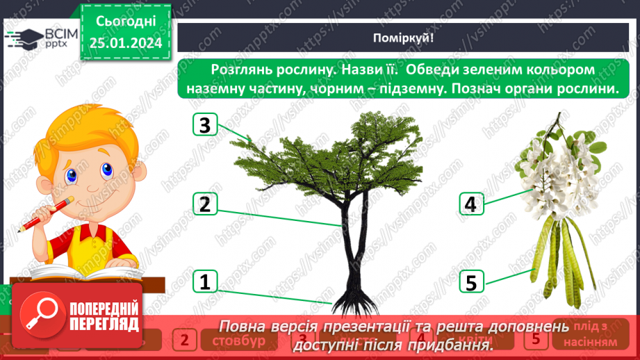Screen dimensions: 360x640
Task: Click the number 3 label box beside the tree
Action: pyautogui.click(x=204, y=126)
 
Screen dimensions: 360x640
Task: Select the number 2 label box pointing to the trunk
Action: pyautogui.click(x=204, y=204)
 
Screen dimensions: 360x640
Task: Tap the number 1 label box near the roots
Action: pyautogui.click(x=204, y=282)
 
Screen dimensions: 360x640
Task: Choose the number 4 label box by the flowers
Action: pyautogui.click(x=470, y=204)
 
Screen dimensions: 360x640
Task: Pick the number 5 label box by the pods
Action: pyautogui.click(x=470, y=282)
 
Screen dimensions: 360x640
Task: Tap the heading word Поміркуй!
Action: pyautogui.click(x=403, y=38)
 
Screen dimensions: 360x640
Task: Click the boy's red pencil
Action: pyautogui.click(x=45, y=213)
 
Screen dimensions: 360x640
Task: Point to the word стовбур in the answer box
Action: pyautogui.click(x=238, y=341)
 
